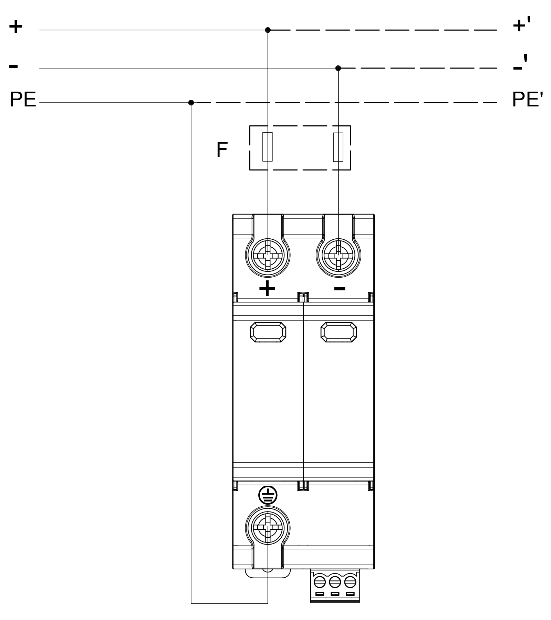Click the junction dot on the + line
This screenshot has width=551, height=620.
(x=268, y=30)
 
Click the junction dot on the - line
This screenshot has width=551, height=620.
(x=338, y=68)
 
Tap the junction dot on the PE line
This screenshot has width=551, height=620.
(x=191, y=103)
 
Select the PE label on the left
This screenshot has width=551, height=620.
(x=23, y=100)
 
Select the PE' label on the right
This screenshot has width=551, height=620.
(x=527, y=100)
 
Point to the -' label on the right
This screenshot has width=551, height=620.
(x=520, y=63)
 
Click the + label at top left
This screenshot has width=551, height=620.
(x=15, y=27)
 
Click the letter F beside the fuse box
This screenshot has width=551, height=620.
(x=222, y=149)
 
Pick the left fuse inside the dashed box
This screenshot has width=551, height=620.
(x=268, y=147)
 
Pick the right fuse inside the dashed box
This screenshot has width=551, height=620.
(x=338, y=147)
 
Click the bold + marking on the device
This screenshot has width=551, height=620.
(x=267, y=288)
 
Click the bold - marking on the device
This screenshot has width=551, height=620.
(x=340, y=288)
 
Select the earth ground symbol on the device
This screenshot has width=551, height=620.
(x=268, y=495)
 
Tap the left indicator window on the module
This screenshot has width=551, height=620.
(x=268, y=332)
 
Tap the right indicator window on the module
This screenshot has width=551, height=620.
(x=339, y=332)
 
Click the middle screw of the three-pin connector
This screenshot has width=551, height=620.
(x=335, y=582)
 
